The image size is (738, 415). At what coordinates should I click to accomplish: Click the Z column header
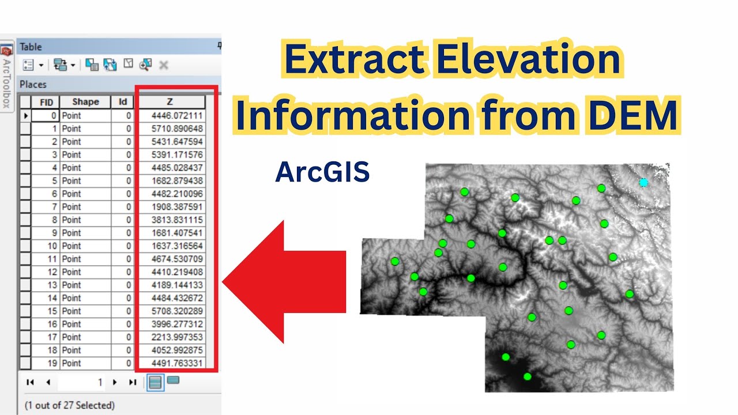tap(170, 102)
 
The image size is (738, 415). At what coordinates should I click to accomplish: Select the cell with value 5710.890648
tap(177, 129)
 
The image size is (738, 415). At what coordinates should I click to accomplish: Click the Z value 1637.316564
tap(177, 246)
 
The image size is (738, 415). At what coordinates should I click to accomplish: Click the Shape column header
tap(85, 102)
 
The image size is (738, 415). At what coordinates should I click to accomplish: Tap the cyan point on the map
tap(643, 183)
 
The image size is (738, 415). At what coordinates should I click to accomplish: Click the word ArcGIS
tap(322, 172)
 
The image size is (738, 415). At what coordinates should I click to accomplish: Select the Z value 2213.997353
tap(177, 337)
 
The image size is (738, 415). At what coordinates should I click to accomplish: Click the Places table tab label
tap(33, 84)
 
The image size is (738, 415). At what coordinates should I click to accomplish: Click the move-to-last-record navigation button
tap(133, 382)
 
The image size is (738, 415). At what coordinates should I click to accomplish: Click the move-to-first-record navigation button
tap(31, 382)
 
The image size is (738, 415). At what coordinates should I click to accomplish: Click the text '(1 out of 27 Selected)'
tap(69, 405)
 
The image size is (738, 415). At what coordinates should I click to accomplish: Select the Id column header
tap(122, 102)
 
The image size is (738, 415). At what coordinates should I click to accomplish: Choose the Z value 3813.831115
tap(177, 220)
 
